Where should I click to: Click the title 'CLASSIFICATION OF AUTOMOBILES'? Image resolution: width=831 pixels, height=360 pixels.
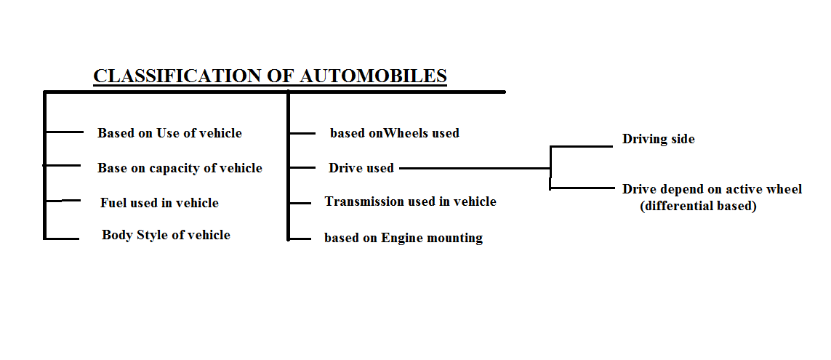coord(270,76)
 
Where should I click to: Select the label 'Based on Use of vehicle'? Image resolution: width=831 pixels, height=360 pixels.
coord(169,133)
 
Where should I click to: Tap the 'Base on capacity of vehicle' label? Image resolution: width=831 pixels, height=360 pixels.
coord(180,168)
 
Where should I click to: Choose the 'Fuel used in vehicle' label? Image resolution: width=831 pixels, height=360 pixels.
coord(159,203)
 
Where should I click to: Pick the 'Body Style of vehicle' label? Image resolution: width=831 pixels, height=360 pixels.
coord(166,235)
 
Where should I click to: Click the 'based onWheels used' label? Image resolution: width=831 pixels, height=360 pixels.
coord(394,133)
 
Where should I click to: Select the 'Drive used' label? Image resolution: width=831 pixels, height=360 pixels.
coord(361,168)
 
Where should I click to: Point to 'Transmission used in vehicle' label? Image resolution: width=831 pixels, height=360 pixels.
coord(410,201)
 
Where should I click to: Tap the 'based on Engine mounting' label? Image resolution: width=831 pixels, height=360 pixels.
coord(403,238)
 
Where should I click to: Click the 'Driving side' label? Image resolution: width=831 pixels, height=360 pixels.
coord(658,139)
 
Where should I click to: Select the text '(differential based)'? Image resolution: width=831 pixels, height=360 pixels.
coord(698,207)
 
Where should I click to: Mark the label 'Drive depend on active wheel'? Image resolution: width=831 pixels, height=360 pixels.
coord(712,189)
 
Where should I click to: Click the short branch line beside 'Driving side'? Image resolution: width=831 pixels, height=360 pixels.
coord(582,146)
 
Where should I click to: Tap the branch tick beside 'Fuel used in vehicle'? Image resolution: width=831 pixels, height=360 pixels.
coord(63,201)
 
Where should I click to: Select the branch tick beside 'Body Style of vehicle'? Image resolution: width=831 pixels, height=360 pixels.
coord(62,238)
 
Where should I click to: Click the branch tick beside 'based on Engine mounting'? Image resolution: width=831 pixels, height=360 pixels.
coord(300,238)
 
